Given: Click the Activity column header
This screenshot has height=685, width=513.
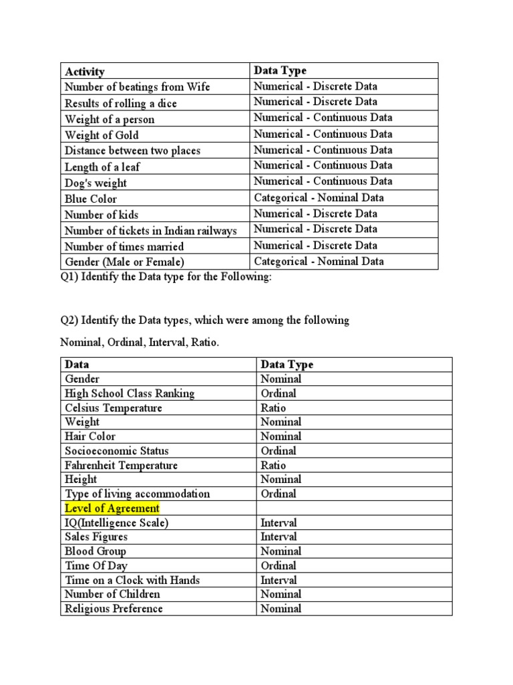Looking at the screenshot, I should [85, 72].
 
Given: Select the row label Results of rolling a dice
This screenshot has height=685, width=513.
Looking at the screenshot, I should [121, 104].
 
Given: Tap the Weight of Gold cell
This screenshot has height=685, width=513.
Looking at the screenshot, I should [102, 135].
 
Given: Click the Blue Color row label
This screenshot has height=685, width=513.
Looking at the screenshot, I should [91, 199].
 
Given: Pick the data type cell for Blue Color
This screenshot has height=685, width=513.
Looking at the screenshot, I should [319, 198].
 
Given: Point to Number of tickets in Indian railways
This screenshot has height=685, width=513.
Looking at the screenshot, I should [151, 231].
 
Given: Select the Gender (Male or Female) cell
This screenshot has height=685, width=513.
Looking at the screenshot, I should [124, 262].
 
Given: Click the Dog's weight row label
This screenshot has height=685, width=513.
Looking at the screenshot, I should [96, 183].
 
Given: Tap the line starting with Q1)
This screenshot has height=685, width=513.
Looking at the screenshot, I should [166, 278].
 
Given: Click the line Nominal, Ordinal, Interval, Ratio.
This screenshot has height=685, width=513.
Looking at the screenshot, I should [140, 342].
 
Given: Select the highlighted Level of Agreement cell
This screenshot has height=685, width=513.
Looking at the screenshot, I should [112, 508].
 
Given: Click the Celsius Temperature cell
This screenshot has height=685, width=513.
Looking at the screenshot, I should [114, 408].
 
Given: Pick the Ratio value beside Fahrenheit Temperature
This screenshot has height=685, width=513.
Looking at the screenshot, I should [273, 465].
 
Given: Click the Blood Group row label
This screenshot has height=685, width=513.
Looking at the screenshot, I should [96, 551].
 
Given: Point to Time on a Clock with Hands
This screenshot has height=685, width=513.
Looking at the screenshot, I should [132, 580].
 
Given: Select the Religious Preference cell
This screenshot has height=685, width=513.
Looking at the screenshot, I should [114, 609].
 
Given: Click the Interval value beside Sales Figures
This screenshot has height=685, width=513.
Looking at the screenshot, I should [279, 536].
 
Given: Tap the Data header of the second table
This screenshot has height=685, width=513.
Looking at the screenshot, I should [77, 365].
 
